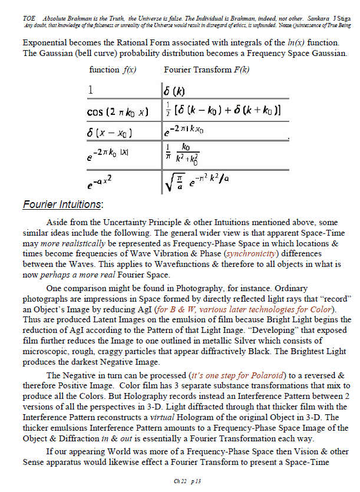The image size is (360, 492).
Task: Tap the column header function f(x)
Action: point(113,70)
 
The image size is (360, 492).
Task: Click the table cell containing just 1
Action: point(91,91)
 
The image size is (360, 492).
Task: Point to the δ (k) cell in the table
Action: point(176,91)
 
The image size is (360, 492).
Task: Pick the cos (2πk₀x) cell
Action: point(118,112)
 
